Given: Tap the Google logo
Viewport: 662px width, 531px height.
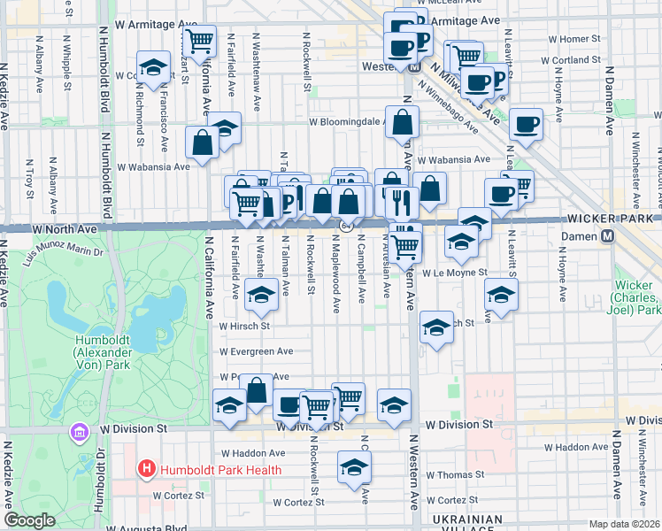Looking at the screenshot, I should pos(29,520).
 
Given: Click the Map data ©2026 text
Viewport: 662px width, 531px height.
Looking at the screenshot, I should pos(625,524).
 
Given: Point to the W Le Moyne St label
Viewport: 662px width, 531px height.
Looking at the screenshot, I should pos(454,273).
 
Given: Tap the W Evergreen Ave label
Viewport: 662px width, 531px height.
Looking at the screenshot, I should pos(257,351).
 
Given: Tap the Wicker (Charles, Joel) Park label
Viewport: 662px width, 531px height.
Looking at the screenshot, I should pos(638,299).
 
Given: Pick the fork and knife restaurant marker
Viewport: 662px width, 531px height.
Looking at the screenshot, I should pos(402,203).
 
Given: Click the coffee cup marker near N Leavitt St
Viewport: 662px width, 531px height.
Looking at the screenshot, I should pos(527,125).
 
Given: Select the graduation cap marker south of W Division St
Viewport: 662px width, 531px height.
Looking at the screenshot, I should pos(354,467).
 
